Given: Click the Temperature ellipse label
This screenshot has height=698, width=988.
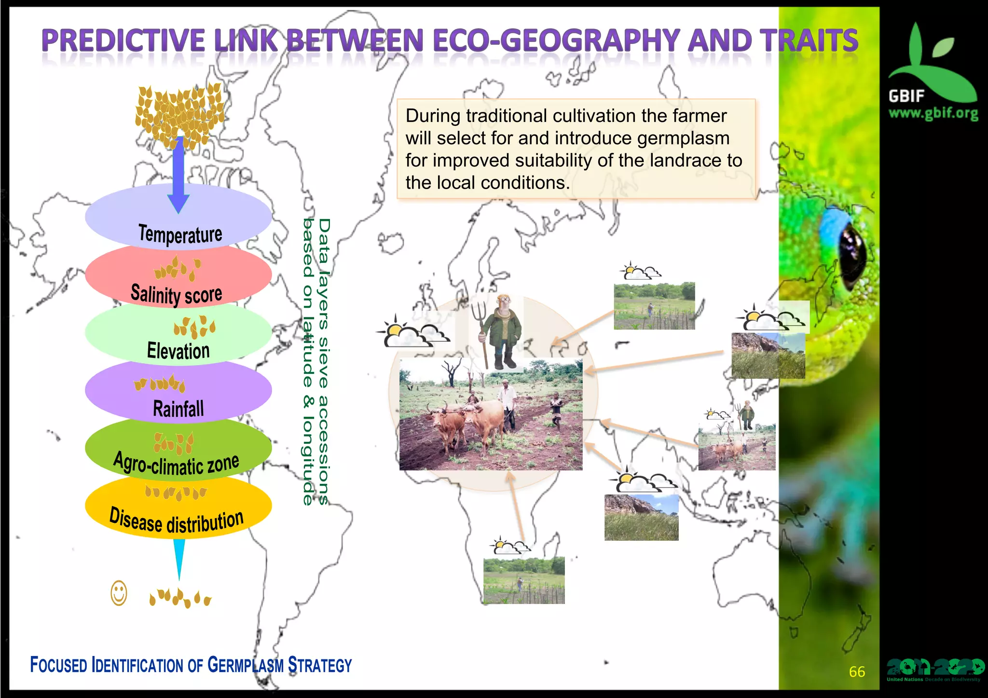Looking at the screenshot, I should pyautogui.click(x=180, y=234).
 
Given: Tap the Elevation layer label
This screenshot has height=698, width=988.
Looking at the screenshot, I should pyautogui.click(x=178, y=351).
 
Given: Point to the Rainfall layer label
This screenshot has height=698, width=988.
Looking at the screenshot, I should pyautogui.click(x=178, y=409).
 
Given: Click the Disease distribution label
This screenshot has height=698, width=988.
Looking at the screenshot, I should pyautogui.click(x=177, y=520).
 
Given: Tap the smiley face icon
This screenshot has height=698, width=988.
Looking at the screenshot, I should pyautogui.click(x=119, y=593).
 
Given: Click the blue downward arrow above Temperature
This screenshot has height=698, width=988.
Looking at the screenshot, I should pyautogui.click(x=178, y=174).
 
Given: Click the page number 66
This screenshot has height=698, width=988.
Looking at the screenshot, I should pyautogui.click(x=857, y=671).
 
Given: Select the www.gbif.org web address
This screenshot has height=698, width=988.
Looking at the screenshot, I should pyautogui.click(x=933, y=113).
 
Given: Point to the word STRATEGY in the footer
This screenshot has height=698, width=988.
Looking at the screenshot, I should pyautogui.click(x=320, y=665).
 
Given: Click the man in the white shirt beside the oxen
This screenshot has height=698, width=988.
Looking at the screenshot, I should pyautogui.click(x=507, y=403).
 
